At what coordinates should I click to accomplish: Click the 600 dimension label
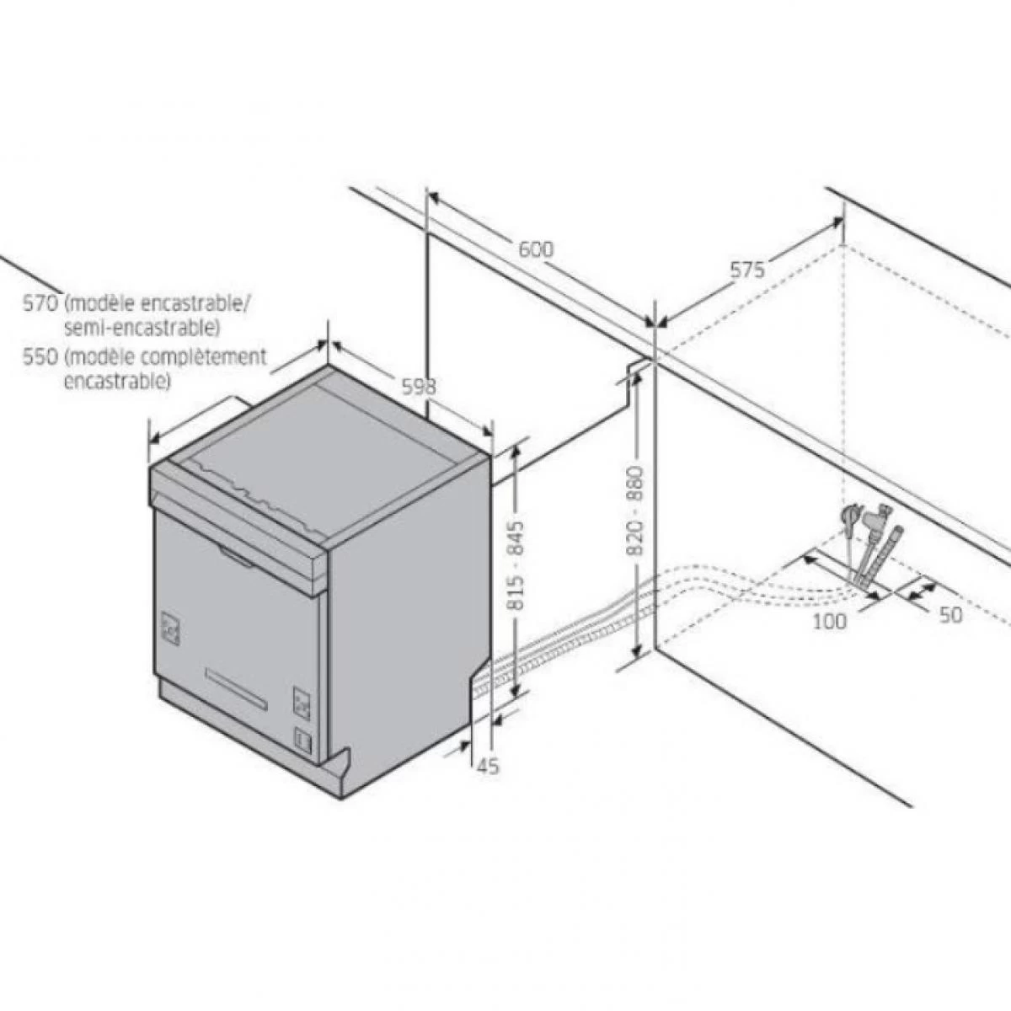tap(536, 249)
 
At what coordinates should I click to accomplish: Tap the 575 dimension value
tap(747, 270)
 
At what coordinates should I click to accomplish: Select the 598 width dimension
tap(419, 387)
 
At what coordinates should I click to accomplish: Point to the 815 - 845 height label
tap(517, 565)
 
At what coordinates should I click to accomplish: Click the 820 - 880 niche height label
tap(635, 510)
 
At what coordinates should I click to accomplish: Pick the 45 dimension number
tap(488, 767)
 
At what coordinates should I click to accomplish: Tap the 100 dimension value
tap(830, 621)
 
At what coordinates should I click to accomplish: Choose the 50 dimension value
tap(951, 615)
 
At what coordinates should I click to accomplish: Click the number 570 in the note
tap(40, 303)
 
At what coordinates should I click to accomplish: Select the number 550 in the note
tap(40, 356)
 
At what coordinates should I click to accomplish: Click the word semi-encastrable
tap(142, 329)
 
